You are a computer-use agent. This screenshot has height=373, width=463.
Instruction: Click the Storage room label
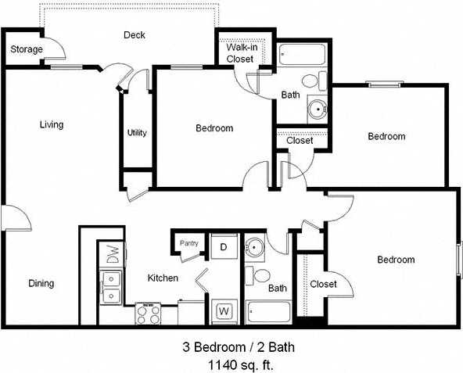(x=26, y=49)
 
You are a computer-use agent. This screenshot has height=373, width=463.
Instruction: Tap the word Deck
(x=135, y=35)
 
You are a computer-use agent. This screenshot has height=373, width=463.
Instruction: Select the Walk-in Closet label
(x=240, y=53)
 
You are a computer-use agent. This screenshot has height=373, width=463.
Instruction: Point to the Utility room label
(x=137, y=133)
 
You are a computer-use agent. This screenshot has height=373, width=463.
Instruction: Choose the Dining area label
(x=41, y=283)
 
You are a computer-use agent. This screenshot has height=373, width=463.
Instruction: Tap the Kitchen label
(x=163, y=278)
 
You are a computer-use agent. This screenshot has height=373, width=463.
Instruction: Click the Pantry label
(x=189, y=243)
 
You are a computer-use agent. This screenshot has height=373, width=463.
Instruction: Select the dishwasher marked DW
(x=111, y=255)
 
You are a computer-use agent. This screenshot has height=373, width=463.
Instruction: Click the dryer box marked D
(x=223, y=247)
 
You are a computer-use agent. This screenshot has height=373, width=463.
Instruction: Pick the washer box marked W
(x=223, y=311)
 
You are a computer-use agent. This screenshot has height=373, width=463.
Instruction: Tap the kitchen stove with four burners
(x=148, y=314)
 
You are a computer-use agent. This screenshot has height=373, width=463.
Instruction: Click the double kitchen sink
(x=111, y=286)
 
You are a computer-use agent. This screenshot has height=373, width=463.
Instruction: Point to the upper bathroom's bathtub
(x=303, y=56)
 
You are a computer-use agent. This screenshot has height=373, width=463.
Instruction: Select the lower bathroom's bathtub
(x=268, y=311)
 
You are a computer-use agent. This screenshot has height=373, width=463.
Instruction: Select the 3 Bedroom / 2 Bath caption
(x=238, y=346)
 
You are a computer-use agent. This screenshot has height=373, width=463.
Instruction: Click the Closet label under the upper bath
(x=300, y=141)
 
